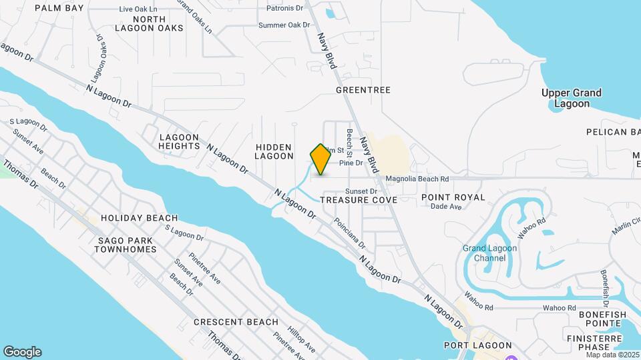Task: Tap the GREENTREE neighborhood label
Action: pos(363,90)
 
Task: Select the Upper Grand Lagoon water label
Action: pos(571,98)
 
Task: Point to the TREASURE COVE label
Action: pos(359,199)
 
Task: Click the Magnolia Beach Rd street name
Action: pos(417,179)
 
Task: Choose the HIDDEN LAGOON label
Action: pos(274,151)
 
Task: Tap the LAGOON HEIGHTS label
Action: pos(180,141)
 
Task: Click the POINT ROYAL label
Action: pos(453,197)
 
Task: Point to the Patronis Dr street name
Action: pos(284,8)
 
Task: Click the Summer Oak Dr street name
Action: pos(284,25)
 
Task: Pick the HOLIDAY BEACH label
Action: pos(139,218)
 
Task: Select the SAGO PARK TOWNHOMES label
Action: pos(126,245)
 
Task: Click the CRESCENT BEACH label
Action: pos(236,322)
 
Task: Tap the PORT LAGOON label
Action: pos(477,345)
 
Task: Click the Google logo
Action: pos(22,351)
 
